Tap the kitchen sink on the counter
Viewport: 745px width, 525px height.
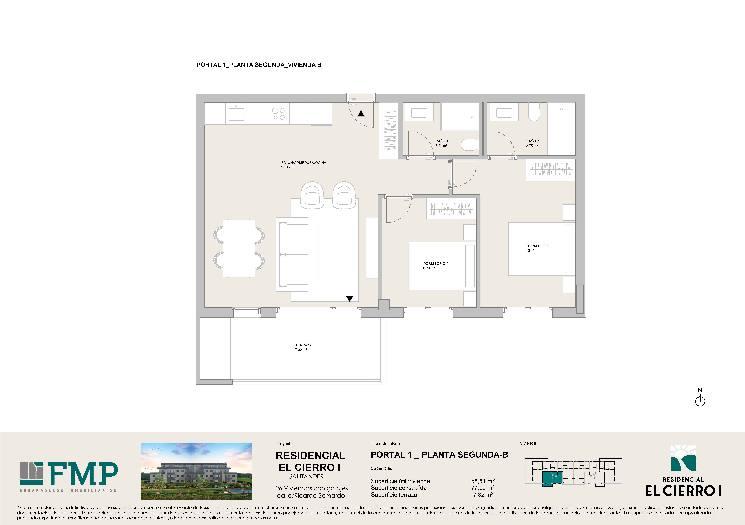point(236,114)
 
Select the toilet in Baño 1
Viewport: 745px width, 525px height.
point(469,145)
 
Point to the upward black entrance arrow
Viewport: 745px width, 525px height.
point(361,113)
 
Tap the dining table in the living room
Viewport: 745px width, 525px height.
point(239,248)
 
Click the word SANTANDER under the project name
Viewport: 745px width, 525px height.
point(306,476)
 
